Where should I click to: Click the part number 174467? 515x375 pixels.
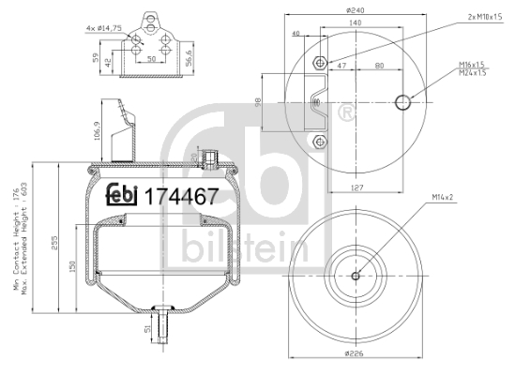tap(180, 198)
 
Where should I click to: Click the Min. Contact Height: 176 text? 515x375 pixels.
tap(17, 239)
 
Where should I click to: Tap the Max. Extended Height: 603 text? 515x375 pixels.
tap(28, 239)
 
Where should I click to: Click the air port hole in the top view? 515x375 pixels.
tap(404, 101)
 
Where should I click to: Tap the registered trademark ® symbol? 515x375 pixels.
tap(345, 114)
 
